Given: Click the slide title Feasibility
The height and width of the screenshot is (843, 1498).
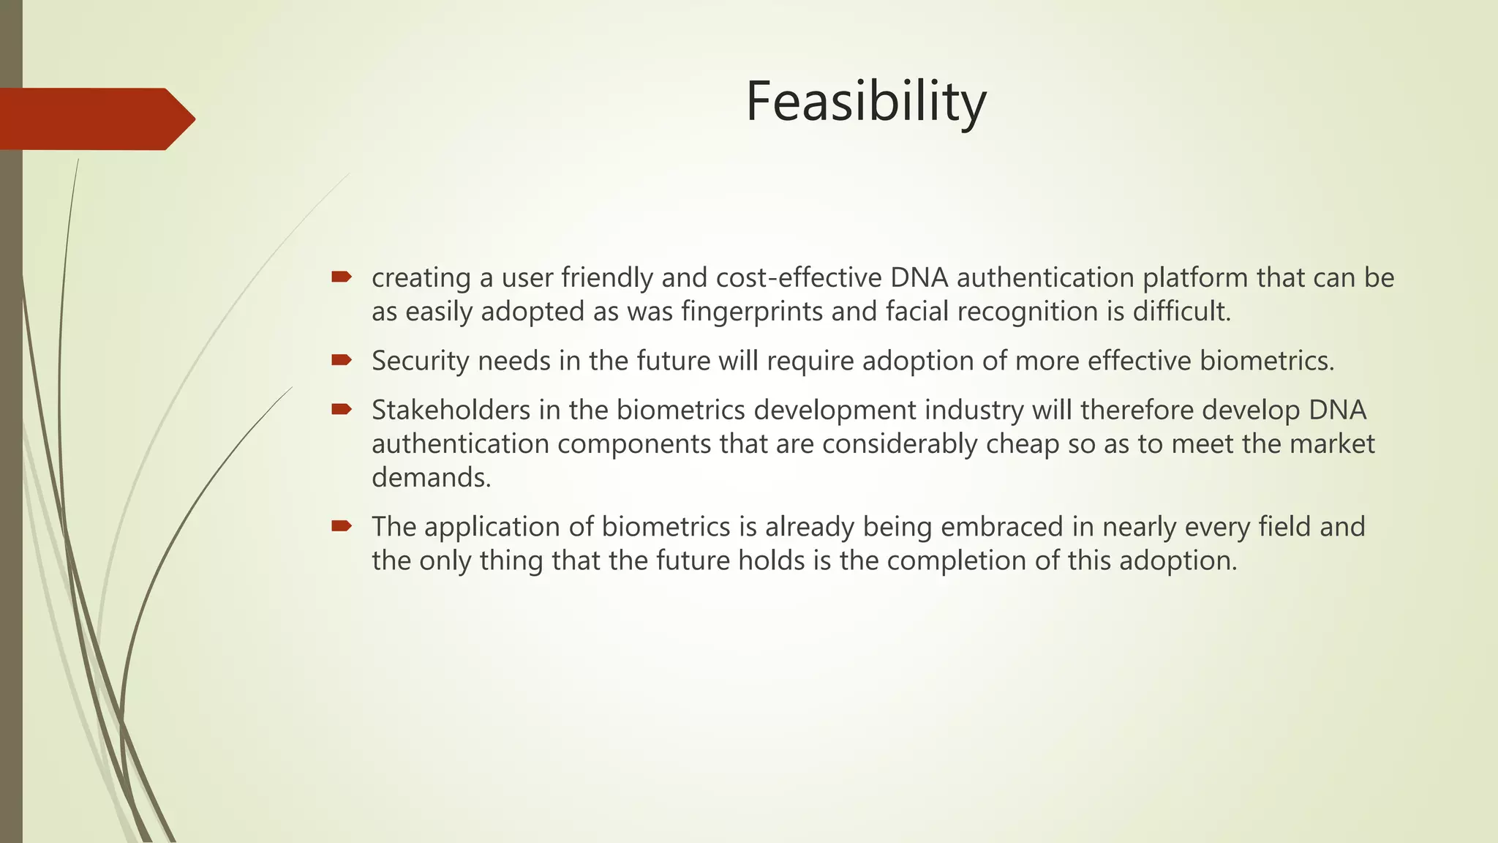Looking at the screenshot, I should pyautogui.click(x=866, y=102).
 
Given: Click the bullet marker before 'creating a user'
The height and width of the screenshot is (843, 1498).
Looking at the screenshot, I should pyautogui.click(x=341, y=277).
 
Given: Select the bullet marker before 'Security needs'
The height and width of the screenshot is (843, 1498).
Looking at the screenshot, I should pyautogui.click(x=341, y=359).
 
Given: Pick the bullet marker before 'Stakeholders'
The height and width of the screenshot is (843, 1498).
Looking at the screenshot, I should pyautogui.click(x=341, y=408).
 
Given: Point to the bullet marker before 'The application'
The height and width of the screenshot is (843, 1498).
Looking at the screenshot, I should pyautogui.click(x=341, y=525).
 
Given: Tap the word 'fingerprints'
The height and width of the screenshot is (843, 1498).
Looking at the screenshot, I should pyautogui.click(x=753, y=312).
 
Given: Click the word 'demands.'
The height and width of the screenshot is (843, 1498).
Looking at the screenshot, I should pyautogui.click(x=432, y=478).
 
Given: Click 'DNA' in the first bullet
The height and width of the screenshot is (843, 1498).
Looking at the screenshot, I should pyautogui.click(x=919, y=278).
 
